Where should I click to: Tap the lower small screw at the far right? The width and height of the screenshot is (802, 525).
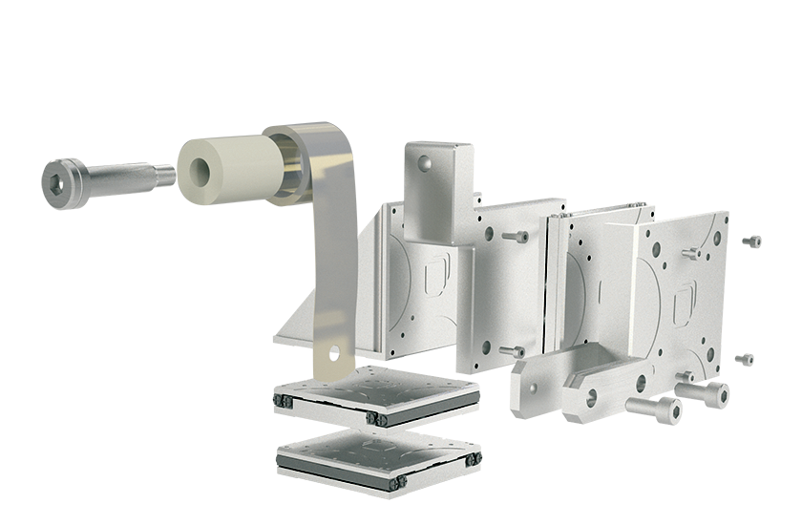(743, 360)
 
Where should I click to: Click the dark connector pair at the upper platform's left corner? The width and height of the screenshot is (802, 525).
(284, 398)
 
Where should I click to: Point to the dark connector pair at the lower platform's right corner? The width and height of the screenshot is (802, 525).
(471, 461)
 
